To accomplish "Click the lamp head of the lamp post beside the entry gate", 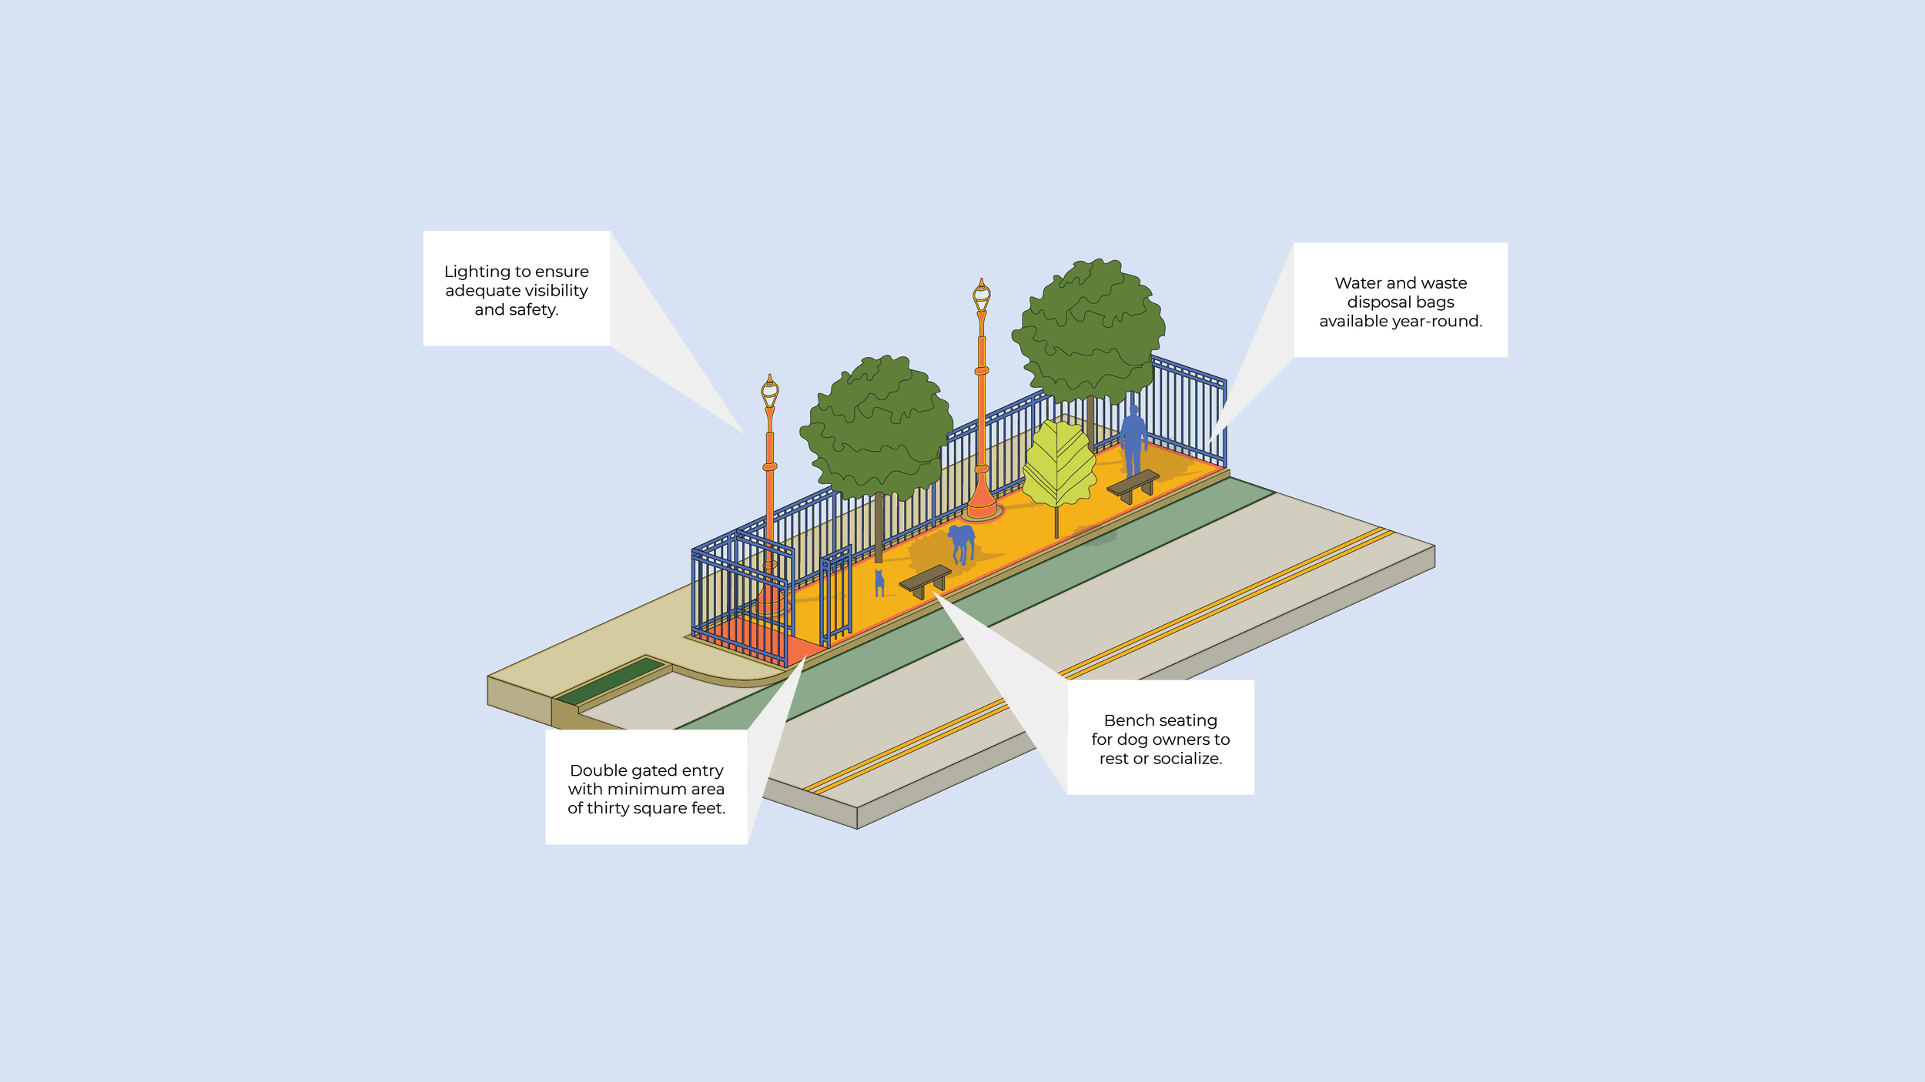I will [x=769, y=392].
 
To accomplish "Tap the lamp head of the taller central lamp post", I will [x=981, y=296].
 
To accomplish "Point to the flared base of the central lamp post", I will [x=982, y=504].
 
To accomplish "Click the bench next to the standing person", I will [x=1132, y=484].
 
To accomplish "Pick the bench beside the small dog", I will [x=925, y=579].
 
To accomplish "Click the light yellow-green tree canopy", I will [x=1059, y=465].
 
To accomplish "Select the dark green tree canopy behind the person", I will [x=1089, y=330].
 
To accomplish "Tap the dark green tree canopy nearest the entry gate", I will [x=877, y=427].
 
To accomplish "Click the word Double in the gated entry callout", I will [x=596, y=770].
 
